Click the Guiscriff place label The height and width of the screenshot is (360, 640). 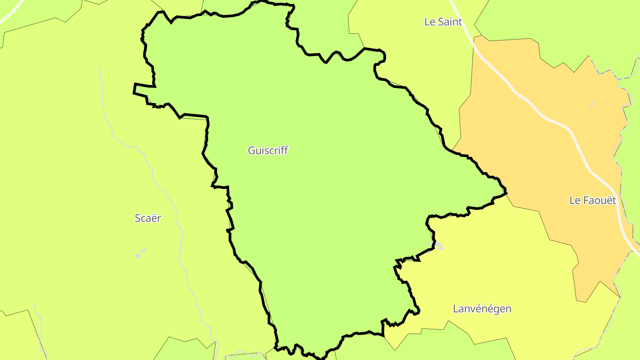pos(268,151)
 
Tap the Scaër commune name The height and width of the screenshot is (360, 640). pos(148,218)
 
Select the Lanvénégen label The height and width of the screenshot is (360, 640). pos(482,309)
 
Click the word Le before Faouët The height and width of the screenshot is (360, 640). pos(574,200)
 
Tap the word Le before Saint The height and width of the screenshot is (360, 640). pos(429,22)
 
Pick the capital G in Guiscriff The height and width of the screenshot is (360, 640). pos(252,151)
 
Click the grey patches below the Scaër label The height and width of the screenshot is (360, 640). pos(140,254)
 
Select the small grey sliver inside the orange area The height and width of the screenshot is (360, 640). pos(592,105)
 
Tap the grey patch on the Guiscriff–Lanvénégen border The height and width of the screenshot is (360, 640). pos(438,245)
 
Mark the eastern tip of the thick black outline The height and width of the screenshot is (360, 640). pos(506,193)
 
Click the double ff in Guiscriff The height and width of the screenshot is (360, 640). pos(284,151)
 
